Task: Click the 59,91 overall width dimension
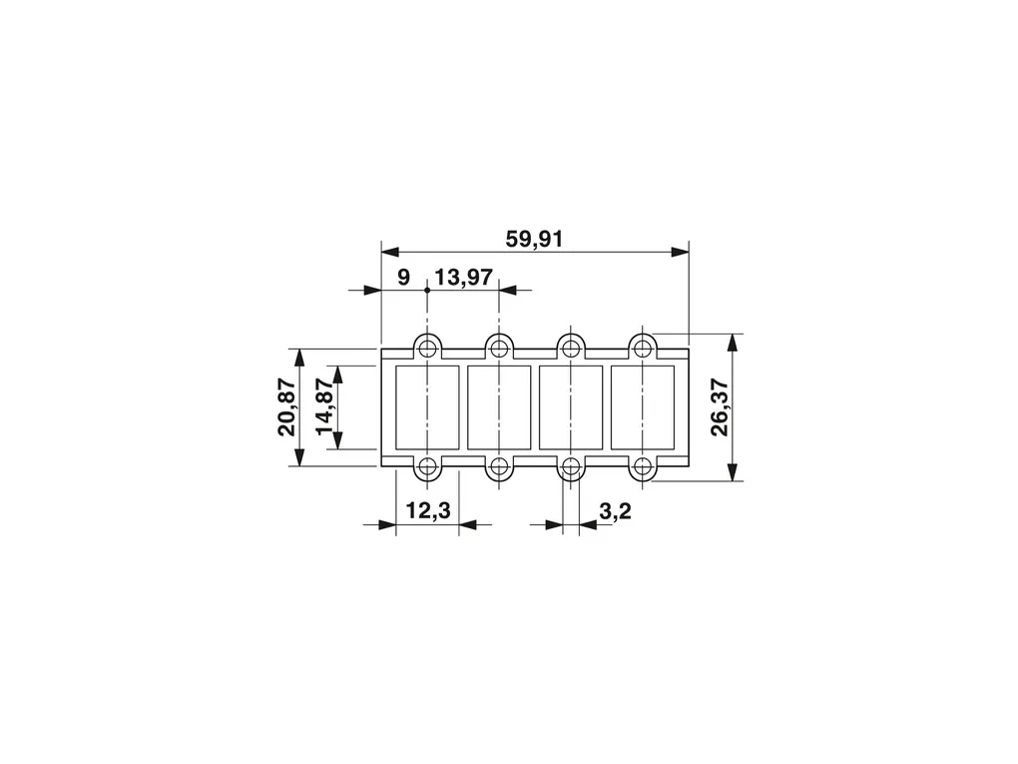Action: click(534, 239)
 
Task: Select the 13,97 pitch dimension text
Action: click(463, 278)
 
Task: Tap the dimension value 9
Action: click(404, 278)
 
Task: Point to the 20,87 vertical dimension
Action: click(287, 407)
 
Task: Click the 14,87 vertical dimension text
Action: click(324, 407)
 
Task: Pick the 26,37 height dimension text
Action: click(720, 407)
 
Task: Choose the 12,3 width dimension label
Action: click(428, 510)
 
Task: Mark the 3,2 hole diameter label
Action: click(615, 510)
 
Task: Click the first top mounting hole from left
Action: click(427, 349)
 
